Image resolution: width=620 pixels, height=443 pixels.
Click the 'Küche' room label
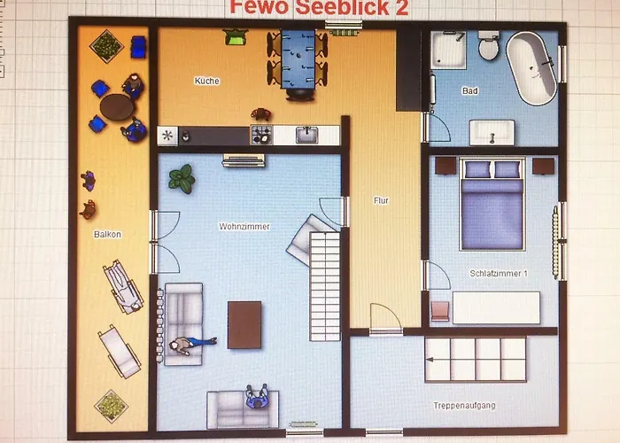(x=206, y=81)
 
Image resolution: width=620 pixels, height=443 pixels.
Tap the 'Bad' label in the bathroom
(x=470, y=90)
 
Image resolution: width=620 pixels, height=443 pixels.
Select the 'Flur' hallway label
(x=381, y=200)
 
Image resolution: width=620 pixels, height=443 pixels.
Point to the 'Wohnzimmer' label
(x=244, y=226)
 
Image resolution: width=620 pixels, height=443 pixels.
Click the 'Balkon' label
(x=107, y=234)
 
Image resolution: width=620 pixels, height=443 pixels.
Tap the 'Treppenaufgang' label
(x=464, y=406)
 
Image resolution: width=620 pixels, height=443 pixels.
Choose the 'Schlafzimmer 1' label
(x=498, y=273)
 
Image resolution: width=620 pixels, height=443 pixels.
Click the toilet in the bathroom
(x=489, y=45)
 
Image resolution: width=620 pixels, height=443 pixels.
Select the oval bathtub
(x=531, y=68)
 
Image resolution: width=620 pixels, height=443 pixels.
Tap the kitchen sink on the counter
(x=306, y=135)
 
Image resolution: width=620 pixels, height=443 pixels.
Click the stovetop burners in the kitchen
(x=261, y=135)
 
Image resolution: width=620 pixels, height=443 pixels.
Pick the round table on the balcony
(x=117, y=107)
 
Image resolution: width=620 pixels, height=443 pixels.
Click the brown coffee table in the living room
(x=244, y=325)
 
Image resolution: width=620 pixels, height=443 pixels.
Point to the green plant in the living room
(x=182, y=179)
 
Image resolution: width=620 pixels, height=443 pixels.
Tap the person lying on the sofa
(x=192, y=345)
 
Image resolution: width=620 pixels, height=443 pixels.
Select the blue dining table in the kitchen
(x=298, y=59)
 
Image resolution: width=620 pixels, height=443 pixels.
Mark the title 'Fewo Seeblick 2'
(x=319, y=7)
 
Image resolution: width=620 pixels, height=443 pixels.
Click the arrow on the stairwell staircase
(x=430, y=360)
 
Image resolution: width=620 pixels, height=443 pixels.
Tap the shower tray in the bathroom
(x=448, y=51)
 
